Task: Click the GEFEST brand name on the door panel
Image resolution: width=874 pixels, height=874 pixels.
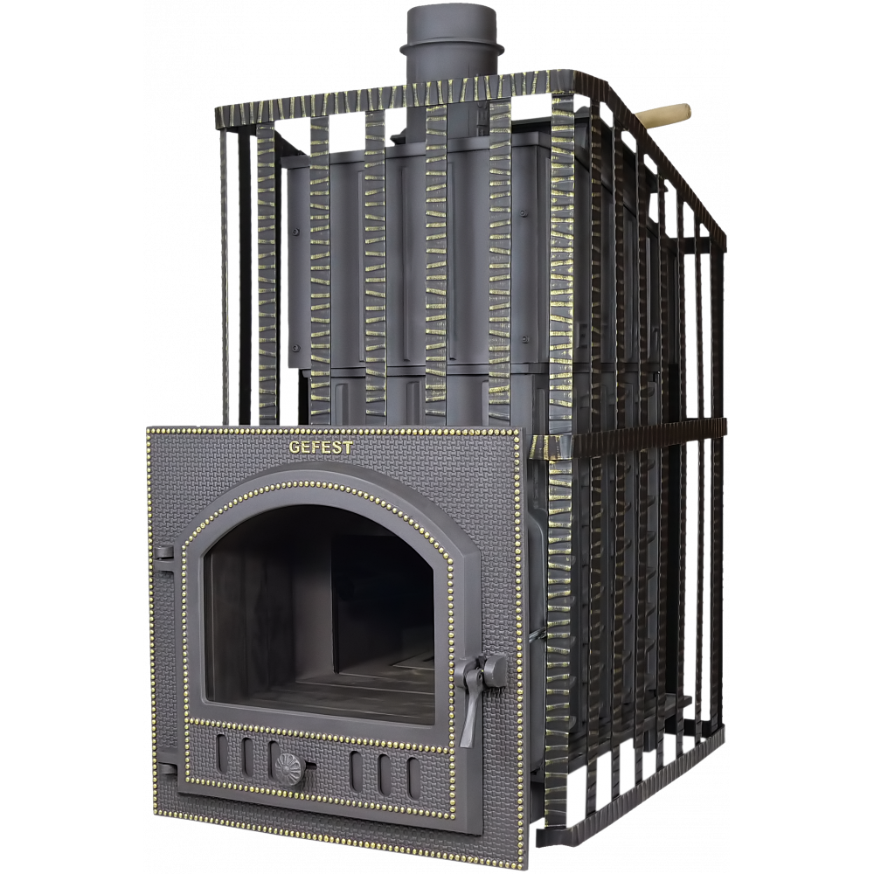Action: click(x=321, y=447)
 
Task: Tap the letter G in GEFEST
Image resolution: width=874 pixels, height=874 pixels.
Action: click(x=293, y=447)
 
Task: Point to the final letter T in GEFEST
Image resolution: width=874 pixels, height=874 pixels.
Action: click(x=348, y=447)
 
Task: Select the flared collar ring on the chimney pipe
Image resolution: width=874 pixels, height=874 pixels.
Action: click(x=452, y=48)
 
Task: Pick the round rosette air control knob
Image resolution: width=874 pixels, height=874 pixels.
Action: click(x=288, y=769)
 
